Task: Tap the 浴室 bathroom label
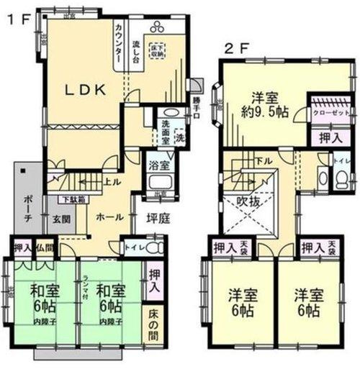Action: (x=157, y=166)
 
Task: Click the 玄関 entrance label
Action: (x=60, y=217)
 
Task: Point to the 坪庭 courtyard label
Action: (x=158, y=219)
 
